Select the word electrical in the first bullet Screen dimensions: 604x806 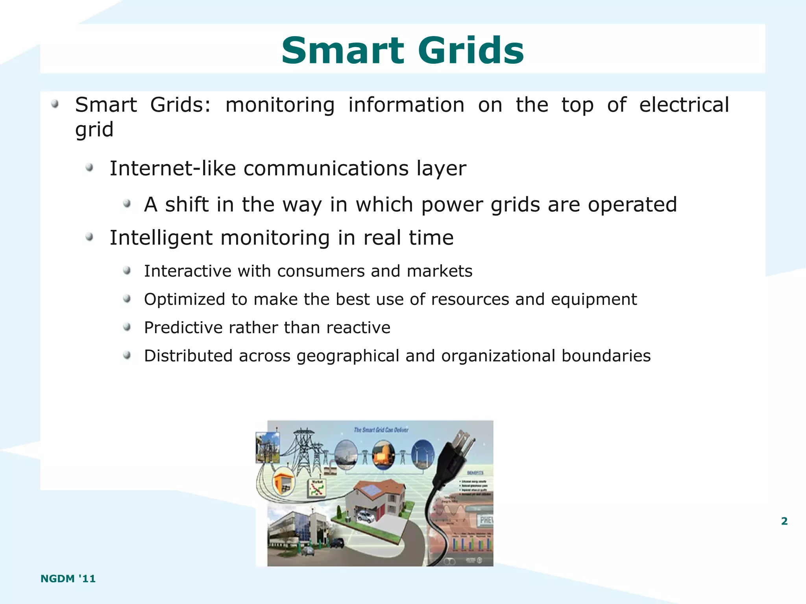(684, 105)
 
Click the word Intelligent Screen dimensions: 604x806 (161, 238)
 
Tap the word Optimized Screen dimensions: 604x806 (185, 299)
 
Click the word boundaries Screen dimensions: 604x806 (606, 356)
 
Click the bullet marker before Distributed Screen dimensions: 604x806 (127, 356)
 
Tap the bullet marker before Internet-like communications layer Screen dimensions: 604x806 (90, 168)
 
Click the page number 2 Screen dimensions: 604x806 (784, 521)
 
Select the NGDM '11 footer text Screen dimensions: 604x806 (68, 578)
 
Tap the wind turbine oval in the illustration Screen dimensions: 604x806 (423, 454)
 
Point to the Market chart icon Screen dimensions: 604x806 (317, 488)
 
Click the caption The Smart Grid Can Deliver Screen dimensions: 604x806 (381, 430)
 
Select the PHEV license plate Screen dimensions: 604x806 (486, 520)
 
